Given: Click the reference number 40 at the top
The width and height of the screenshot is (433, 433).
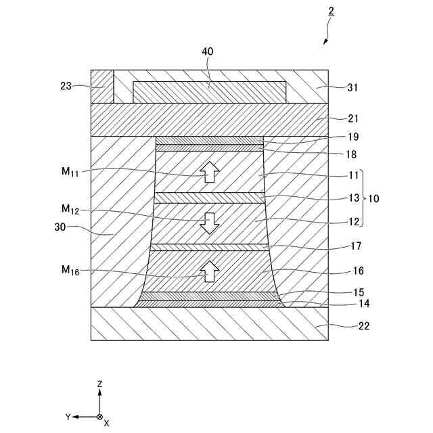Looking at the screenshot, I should (208, 51).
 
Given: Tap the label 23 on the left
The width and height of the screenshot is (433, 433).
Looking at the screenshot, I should (66, 86).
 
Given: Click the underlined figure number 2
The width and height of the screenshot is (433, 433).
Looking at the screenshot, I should (330, 12).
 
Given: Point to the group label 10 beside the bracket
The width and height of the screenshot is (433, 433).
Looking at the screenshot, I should (375, 198).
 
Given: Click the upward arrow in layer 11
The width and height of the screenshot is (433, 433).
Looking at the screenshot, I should (210, 172).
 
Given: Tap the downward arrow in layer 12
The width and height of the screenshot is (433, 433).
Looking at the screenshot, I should (210, 223).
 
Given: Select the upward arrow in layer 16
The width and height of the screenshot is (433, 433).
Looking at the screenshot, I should (210, 271).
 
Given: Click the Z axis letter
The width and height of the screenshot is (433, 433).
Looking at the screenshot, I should (99, 384).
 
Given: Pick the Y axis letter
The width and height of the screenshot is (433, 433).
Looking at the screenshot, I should (68, 417).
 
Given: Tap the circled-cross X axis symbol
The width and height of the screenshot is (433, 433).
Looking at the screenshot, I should (99, 417).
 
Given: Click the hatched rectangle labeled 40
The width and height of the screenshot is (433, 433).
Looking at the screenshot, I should (210, 92).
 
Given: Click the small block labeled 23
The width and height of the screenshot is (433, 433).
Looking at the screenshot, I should (101, 86).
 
